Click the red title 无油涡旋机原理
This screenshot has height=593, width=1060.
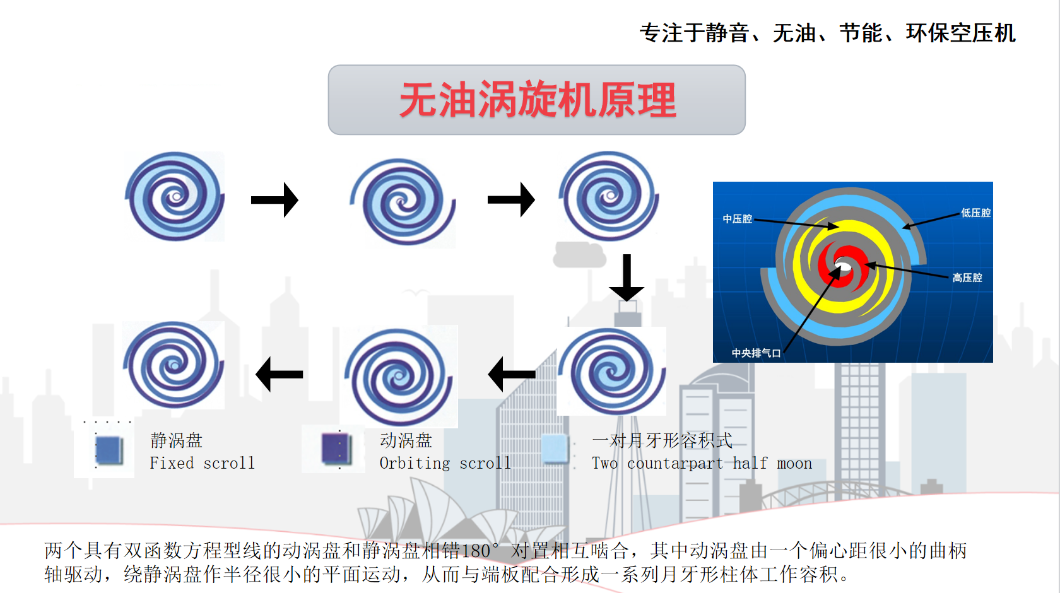538,100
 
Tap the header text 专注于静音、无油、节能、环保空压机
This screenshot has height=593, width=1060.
828,33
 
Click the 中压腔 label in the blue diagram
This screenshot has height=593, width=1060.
737,219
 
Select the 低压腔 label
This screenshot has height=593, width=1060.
975,213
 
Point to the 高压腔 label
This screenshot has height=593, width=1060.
967,278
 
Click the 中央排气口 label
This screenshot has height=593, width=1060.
756,353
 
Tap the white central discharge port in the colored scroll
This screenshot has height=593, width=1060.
843,264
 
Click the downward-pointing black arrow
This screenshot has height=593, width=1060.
627,278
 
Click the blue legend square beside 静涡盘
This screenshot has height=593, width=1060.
109,450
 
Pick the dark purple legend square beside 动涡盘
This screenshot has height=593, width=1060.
336,449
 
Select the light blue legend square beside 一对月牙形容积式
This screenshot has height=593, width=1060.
554,448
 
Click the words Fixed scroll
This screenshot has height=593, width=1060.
202,463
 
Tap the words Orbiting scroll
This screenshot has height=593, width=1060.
445,463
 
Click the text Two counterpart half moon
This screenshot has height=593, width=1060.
702,463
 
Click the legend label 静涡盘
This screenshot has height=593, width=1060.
176,440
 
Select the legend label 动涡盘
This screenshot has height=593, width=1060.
406,440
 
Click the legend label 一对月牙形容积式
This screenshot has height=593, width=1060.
662,440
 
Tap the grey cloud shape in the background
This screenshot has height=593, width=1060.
580,255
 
